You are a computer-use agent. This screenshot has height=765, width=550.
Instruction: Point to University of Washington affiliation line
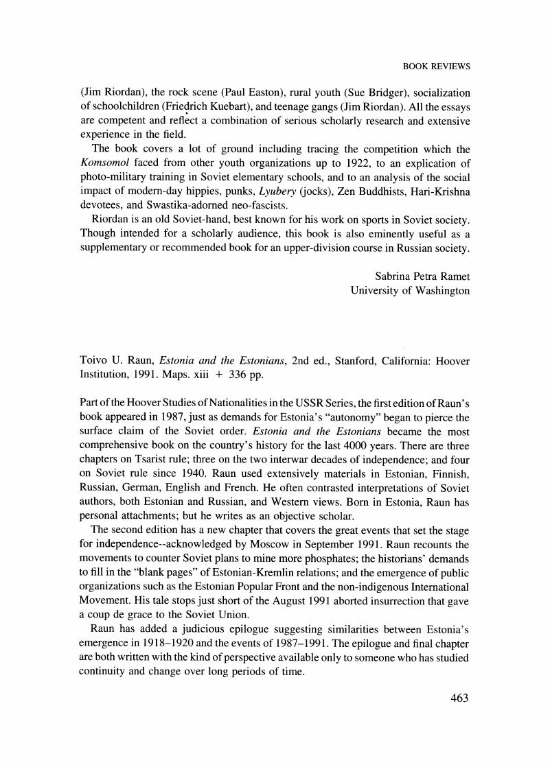click(x=410, y=290)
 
